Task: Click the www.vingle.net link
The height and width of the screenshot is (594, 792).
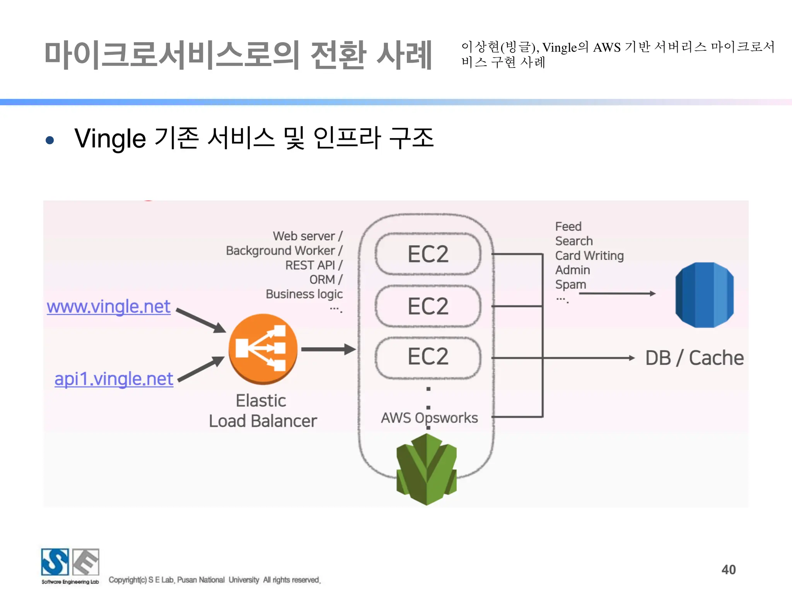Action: click(108, 307)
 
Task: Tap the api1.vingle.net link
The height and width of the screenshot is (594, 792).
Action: click(114, 379)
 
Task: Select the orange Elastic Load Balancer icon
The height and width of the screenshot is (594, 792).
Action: click(263, 348)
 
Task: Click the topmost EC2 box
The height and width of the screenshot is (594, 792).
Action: click(428, 254)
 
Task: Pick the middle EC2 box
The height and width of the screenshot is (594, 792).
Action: click(428, 306)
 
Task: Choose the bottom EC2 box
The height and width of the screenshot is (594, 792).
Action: click(428, 357)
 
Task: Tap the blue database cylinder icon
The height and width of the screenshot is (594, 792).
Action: click(704, 295)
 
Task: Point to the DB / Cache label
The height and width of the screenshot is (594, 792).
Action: click(695, 358)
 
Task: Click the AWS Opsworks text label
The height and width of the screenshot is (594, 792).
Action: click(429, 418)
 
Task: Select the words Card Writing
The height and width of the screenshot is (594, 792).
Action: click(589, 256)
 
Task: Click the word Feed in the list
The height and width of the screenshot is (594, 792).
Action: click(568, 227)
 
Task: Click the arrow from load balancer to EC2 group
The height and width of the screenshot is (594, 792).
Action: click(328, 349)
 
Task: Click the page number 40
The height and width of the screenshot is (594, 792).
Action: click(729, 570)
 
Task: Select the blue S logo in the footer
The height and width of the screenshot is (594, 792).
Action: click(55, 562)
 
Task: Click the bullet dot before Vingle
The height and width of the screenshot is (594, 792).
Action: click(49, 140)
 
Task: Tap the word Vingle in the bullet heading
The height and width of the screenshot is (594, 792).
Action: click(110, 138)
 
